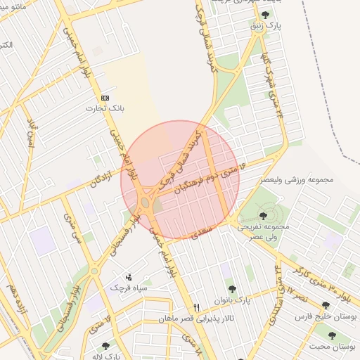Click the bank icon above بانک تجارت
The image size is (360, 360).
pyautogui.click(x=105, y=98)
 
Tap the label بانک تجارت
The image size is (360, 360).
pyautogui.click(x=105, y=109)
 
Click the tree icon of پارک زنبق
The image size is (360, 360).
pyautogui.click(x=264, y=15)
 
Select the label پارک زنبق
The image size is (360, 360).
pyautogui.click(x=267, y=25)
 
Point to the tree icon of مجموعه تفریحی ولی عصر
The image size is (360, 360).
pyautogui.click(x=263, y=215)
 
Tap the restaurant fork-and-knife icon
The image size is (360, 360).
pyautogui.click(x=196, y=307)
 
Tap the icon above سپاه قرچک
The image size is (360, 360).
pyautogui.click(x=127, y=277)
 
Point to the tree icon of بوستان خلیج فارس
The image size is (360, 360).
pyautogui.click(x=325, y=306)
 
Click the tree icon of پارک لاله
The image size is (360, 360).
pyautogui.click(x=105, y=346)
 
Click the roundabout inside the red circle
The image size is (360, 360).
pyautogui.click(x=146, y=202)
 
